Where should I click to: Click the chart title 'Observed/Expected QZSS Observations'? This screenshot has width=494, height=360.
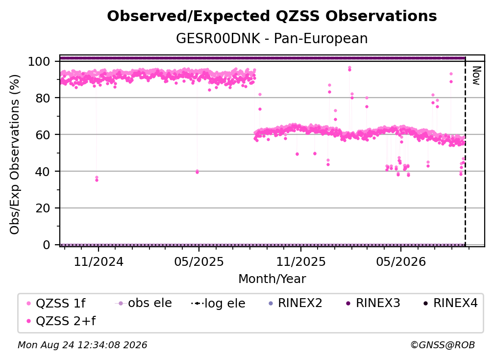[x=272, y=16]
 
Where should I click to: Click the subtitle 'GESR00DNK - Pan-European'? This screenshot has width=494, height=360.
[x=272, y=38]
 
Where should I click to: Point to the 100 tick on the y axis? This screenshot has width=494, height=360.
[x=39, y=61]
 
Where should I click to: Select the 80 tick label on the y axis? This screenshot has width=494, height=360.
[x=43, y=98]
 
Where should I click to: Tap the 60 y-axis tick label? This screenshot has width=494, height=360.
[x=43, y=134]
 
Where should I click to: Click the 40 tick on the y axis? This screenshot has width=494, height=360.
[x=43, y=172]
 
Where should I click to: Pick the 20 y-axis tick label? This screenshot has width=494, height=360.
[x=43, y=208]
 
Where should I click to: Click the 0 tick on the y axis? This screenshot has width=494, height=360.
[x=47, y=245]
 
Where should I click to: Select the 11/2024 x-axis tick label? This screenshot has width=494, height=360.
[x=99, y=261]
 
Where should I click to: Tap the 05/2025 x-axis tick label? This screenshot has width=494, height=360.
[x=199, y=261]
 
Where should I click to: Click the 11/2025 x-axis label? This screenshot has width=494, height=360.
[x=301, y=261]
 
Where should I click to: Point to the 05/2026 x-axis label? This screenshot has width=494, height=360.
[x=401, y=261]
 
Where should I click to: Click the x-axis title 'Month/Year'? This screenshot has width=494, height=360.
[x=272, y=279]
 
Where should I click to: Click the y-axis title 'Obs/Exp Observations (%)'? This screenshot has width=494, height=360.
[x=15, y=154]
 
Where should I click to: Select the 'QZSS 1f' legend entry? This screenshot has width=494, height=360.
[x=56, y=303]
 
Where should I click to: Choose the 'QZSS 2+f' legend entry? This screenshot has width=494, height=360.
[x=61, y=321]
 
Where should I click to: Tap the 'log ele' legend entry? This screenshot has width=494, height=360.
[x=219, y=303]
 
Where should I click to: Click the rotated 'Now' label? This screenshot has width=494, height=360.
[x=476, y=76]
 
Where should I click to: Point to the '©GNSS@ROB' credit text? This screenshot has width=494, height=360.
[x=443, y=345]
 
